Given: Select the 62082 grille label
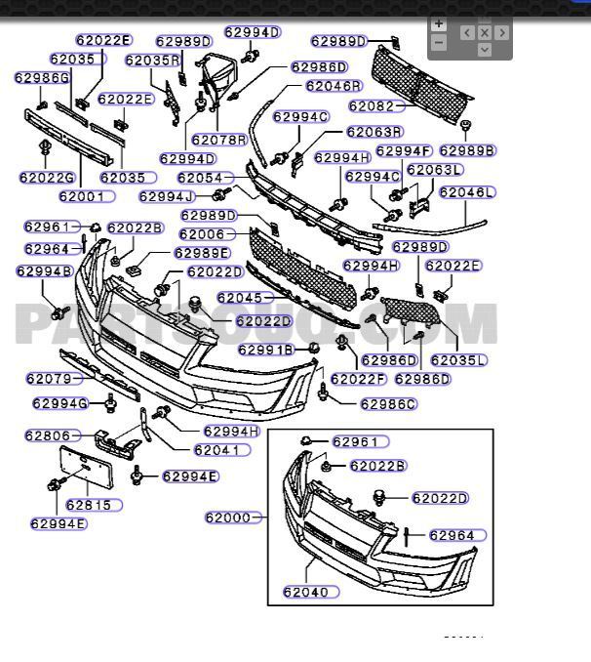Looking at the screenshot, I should pyautogui.click(x=371, y=105).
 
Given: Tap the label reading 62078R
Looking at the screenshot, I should pyautogui.click(x=218, y=140).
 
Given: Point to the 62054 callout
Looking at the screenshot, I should pyautogui.click(x=200, y=178).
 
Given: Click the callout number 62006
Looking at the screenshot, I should pyautogui.click(x=201, y=234).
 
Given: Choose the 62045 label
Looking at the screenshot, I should pyautogui.click(x=239, y=298).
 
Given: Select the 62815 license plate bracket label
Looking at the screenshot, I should pyautogui.click(x=88, y=505).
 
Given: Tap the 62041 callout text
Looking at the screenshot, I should pyautogui.click(x=217, y=450).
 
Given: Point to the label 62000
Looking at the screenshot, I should pyautogui.click(x=228, y=517).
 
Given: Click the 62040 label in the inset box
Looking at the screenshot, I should pyautogui.click(x=306, y=592).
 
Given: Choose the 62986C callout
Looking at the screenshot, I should pyautogui.click(x=388, y=404).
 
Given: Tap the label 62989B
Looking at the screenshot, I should pyautogui.click(x=467, y=150).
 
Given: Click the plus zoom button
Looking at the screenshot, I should pyautogui.click(x=439, y=23).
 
